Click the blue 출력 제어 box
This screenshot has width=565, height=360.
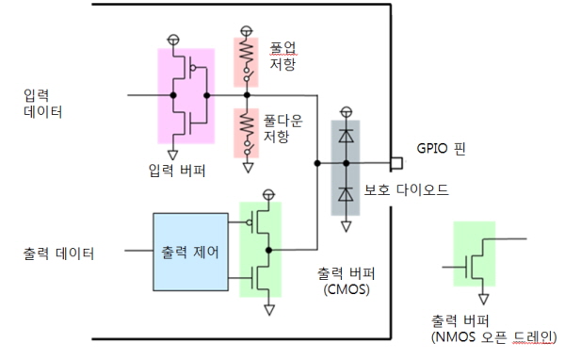click(190, 252)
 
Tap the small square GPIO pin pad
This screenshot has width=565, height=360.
click(396, 163)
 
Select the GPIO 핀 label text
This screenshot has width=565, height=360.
click(441, 148)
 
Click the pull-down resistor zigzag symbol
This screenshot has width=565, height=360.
click(247, 124)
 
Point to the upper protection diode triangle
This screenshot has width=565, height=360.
click(346, 136)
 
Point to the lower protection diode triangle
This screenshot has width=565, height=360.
click(346, 194)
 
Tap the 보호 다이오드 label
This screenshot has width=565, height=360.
click(406, 189)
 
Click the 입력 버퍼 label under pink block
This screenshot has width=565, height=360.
click(177, 171)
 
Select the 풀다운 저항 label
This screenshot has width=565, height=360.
click(282, 129)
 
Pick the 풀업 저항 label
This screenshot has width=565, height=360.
click(283, 56)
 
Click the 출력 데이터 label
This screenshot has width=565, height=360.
click(58, 254)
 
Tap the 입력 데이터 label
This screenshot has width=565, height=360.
click(42, 104)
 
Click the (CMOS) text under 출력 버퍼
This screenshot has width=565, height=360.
click(347, 289)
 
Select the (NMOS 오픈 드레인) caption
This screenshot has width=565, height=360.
click(494, 337)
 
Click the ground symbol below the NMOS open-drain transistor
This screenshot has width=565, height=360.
click(484, 299)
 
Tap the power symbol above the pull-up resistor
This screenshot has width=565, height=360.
click(247, 30)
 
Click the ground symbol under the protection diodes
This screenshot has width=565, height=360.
click(346, 226)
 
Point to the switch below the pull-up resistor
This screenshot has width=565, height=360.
click(249, 74)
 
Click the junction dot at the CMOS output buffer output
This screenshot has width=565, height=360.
click(268, 250)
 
